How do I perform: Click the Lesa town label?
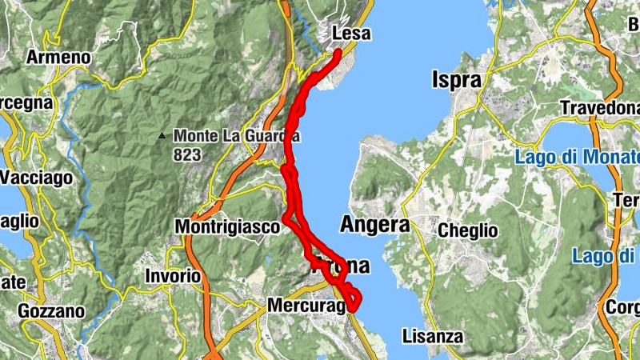[x=350, y=34]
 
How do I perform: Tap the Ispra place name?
[x=457, y=80]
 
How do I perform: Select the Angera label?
[x=374, y=225]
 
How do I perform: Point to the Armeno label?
[x=58, y=58]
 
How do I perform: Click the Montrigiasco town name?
[x=228, y=227]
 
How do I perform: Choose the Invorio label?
[x=173, y=275]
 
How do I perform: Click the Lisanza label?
[x=433, y=336]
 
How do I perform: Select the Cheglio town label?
[x=468, y=231]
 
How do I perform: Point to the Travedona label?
[x=600, y=108]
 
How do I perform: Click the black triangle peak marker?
[x=162, y=136]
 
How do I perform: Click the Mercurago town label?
[x=306, y=306]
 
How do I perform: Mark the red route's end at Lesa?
[x=338, y=53]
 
